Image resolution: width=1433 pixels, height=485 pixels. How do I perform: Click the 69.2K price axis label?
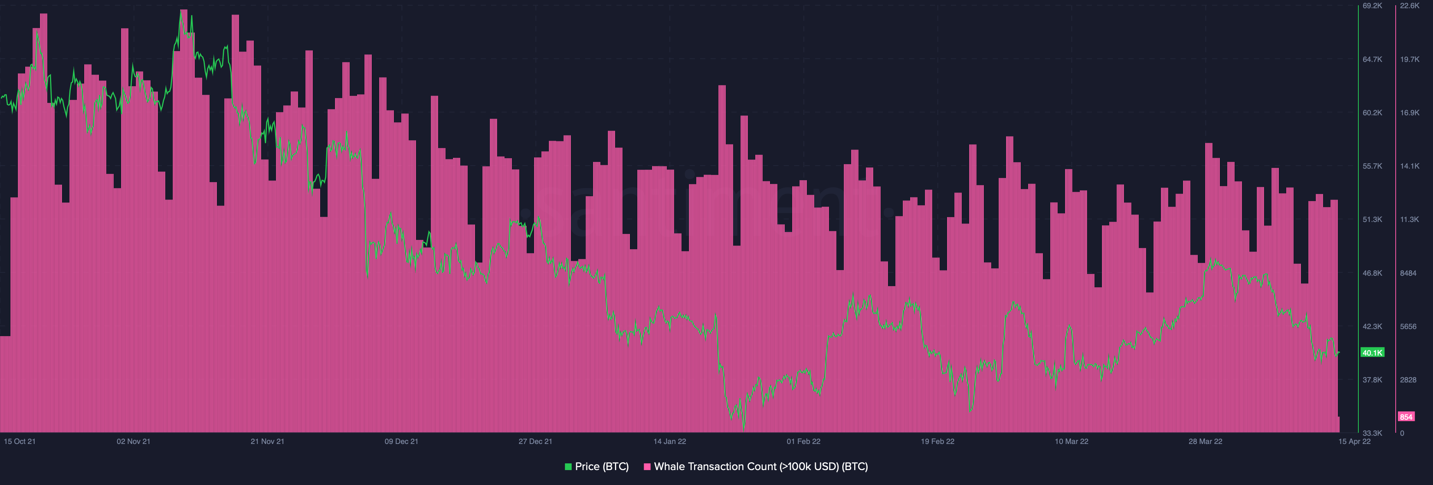click(1373, 6)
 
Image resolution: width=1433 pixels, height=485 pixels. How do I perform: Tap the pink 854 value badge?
click(1406, 417)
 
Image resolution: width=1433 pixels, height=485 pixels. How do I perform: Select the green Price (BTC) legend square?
click(568, 467)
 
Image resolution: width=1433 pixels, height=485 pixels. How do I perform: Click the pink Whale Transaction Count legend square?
click(647, 467)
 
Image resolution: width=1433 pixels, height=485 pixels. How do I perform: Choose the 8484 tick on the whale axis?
click(1408, 273)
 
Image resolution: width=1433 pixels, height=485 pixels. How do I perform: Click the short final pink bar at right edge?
click(1339, 425)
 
